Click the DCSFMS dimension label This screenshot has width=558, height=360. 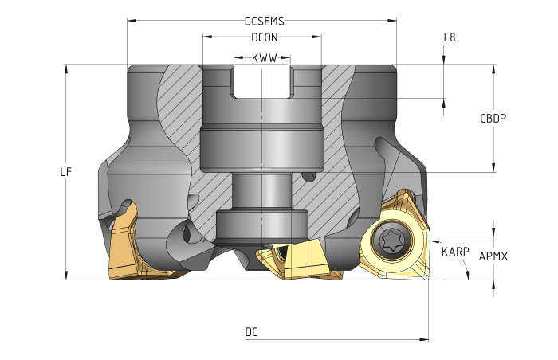point(264,22)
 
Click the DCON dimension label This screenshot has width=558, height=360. point(264,37)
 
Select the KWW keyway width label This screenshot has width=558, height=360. point(263,58)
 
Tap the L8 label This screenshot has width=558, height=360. point(450,37)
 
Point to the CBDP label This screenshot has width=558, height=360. point(493,118)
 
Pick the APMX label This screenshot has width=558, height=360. point(493,256)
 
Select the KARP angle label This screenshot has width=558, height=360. point(454,252)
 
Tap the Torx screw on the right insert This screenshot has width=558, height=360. point(391,240)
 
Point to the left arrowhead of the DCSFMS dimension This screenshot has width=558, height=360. point(130,22)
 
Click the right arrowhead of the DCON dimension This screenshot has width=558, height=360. point(320,37)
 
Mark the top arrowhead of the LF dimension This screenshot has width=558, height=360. point(67,67)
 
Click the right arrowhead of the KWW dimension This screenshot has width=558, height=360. point(289,58)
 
